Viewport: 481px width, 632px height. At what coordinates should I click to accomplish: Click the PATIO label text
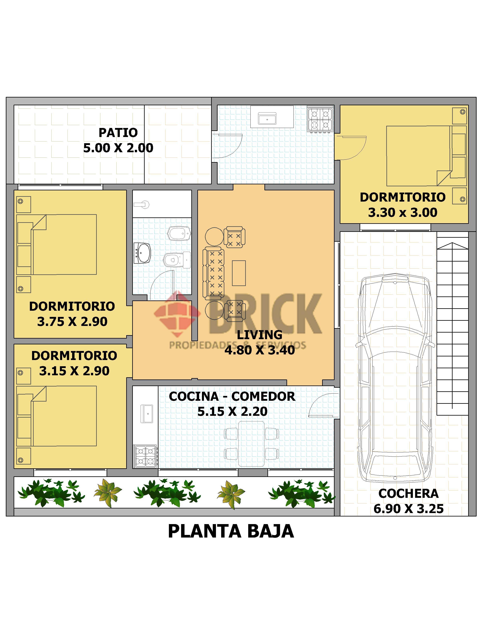point(118,133)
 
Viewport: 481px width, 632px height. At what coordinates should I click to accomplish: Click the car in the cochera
point(395,378)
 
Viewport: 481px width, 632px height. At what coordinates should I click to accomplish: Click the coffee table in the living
point(239,273)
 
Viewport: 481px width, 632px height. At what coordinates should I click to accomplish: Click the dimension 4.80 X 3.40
point(259,350)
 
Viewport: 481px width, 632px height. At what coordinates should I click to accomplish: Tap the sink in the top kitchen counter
point(267,118)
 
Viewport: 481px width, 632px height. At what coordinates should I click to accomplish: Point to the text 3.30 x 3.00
point(402,212)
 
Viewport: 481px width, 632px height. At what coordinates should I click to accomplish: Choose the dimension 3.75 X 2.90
point(72,321)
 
